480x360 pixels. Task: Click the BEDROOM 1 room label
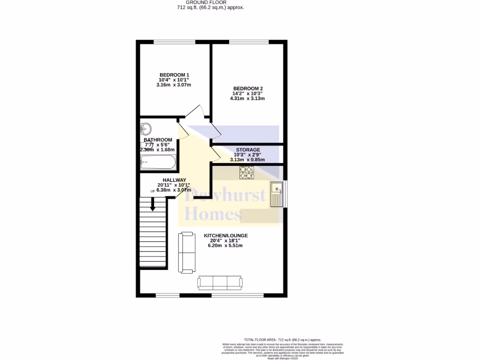[x=174, y=75]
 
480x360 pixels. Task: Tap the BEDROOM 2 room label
[x=248, y=89]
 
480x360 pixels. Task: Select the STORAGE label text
[x=248, y=150]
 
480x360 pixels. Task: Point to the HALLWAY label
[x=174, y=180]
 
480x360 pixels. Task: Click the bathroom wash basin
[x=146, y=127]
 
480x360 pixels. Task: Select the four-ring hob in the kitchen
[x=246, y=172]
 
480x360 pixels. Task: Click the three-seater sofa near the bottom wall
[x=220, y=282]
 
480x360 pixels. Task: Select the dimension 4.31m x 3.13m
[x=247, y=98]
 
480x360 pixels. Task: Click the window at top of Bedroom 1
[x=174, y=42]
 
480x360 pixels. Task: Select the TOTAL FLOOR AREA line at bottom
[x=282, y=339]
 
